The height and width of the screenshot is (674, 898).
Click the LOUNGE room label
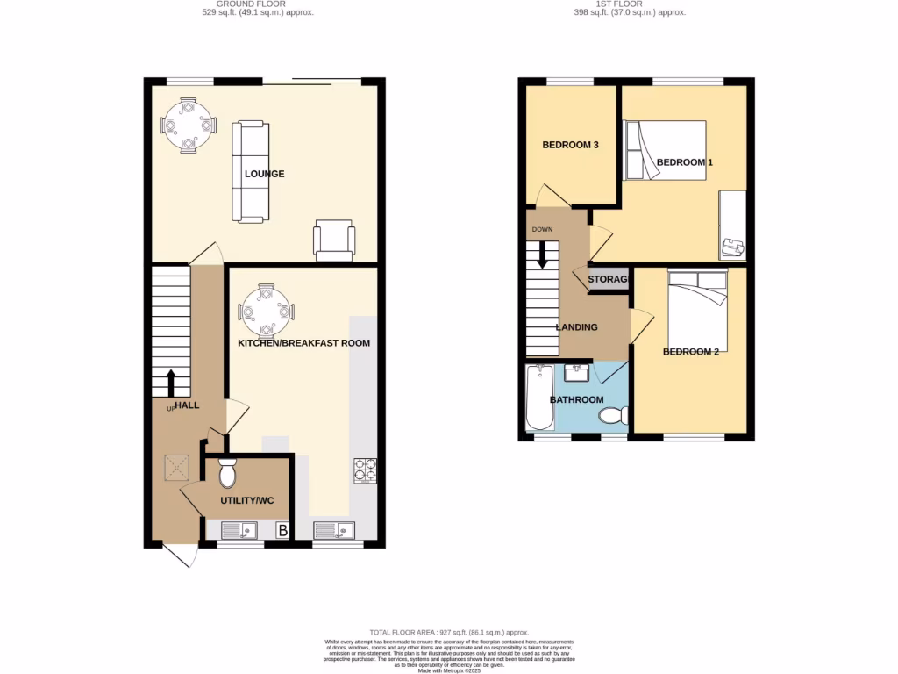pos(264,174)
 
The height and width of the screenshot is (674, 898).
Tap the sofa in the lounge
pos(249,172)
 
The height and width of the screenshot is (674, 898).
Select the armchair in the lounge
pos(335,240)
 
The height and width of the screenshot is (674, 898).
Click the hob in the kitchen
pos(364,471)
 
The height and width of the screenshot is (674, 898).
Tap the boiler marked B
pos(282,530)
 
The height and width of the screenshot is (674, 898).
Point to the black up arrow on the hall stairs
pos(171,383)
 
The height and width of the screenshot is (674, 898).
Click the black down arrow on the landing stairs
pos(542,254)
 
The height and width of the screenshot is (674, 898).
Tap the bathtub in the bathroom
pos(539,399)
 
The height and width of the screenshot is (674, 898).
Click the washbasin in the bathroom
pos(576,375)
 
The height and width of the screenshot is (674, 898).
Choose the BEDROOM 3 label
pos(570,145)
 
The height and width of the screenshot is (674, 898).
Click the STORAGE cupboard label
pos(608,280)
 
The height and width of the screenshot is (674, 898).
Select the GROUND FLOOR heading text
pos(252,4)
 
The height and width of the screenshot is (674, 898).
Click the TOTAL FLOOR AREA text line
pos(448,632)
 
